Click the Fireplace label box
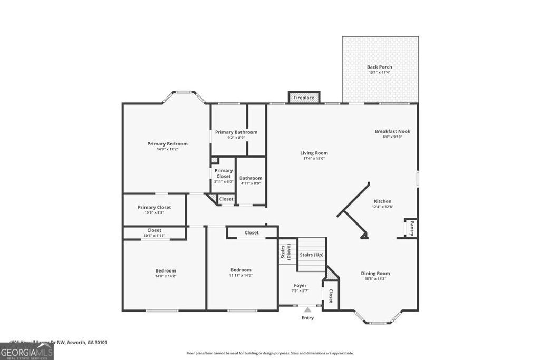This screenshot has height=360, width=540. click(x=304, y=98)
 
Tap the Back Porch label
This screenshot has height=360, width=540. click(x=379, y=67)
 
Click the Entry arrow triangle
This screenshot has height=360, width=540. click(x=307, y=310)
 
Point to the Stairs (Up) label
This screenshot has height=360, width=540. click(x=311, y=255)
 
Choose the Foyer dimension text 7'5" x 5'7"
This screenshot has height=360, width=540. click(x=300, y=291)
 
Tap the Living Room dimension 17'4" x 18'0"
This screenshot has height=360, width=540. click(x=314, y=159)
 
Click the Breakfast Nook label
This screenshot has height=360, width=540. click(x=392, y=131)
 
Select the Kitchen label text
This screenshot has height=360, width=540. click(x=382, y=201)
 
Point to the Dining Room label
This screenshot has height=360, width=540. click(x=375, y=273)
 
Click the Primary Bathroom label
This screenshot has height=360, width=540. click(x=236, y=132)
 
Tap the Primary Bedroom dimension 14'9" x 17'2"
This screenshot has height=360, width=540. click(x=167, y=149)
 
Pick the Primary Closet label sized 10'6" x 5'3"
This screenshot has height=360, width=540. click(x=154, y=207)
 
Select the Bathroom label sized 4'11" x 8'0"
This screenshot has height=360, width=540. click(x=250, y=178)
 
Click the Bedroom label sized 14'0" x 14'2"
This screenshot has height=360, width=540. click(x=165, y=270)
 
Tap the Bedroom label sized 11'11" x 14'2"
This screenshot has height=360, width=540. click(x=240, y=270)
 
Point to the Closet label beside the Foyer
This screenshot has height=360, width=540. click(x=331, y=296)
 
